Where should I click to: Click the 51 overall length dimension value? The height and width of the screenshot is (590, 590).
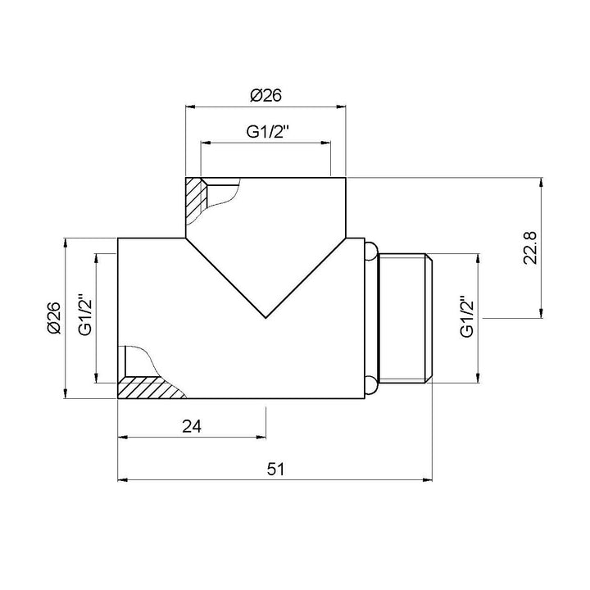pyautogui.click(x=275, y=469)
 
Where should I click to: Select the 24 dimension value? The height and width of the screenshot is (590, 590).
pyautogui.click(x=192, y=425)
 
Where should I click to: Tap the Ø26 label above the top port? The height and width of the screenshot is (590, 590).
pyautogui.click(x=265, y=96)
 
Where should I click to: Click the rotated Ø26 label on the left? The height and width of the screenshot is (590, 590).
pyautogui.click(x=54, y=318)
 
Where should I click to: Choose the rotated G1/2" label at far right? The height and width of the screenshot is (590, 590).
pyautogui.click(x=468, y=316)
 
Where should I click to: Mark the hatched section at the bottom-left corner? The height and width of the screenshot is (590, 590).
pyautogui.click(x=147, y=388)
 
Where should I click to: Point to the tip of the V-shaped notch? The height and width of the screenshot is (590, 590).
pyautogui.click(x=265, y=317)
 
